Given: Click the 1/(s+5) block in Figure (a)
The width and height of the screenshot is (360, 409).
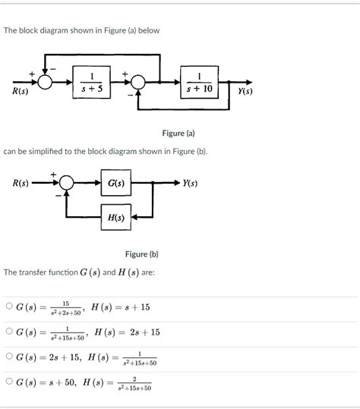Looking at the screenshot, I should (92, 82).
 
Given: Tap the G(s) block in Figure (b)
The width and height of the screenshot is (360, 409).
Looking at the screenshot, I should (116, 184).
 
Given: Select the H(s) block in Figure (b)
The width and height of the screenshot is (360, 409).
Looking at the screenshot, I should (116, 217).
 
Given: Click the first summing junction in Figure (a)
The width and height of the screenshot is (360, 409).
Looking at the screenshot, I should (46, 82).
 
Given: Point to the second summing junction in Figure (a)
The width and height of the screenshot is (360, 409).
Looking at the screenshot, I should (139, 82).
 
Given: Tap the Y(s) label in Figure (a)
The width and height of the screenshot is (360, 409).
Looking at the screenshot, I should (245, 92).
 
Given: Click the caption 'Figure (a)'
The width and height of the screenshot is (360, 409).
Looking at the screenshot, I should (179, 133).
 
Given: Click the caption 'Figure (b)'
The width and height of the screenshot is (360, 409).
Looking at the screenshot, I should (142, 254).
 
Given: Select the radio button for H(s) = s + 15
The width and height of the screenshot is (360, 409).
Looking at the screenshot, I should (8, 307).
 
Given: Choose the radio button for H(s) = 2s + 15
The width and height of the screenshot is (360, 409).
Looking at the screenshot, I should (8, 332).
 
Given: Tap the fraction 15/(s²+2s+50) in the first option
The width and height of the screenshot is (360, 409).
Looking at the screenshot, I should (65, 307).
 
